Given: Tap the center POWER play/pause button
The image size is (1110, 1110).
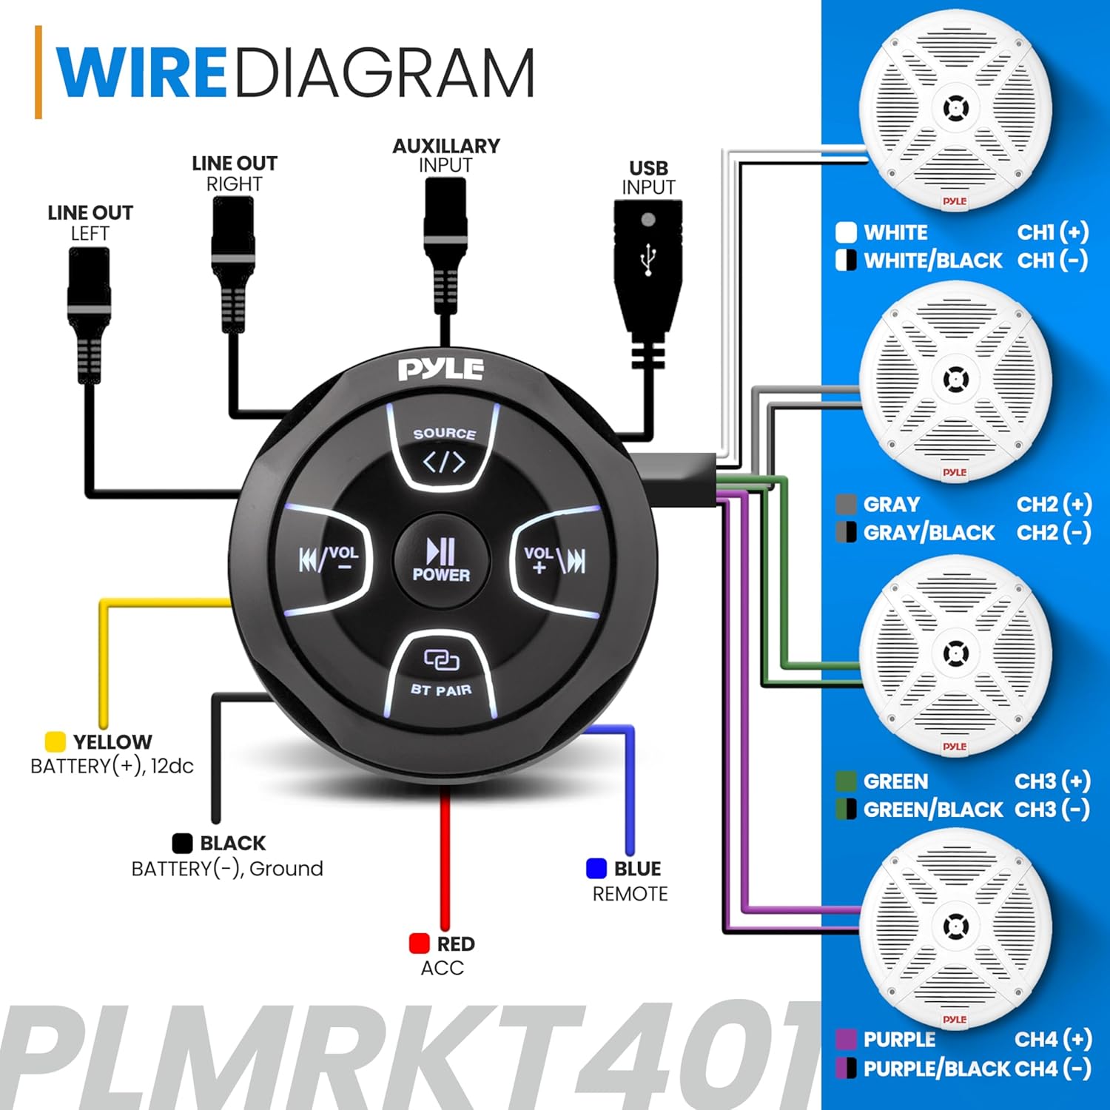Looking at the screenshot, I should click(441, 559).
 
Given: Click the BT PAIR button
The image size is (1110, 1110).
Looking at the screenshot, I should click(441, 673).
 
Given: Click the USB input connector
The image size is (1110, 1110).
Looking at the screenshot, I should click(647, 266).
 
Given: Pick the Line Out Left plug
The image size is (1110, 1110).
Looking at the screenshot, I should click(90, 311).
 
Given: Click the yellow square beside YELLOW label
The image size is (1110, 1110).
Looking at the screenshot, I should click(55, 741).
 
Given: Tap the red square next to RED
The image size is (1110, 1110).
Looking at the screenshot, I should click(420, 943).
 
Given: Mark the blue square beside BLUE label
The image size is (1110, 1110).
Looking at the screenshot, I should click(596, 868).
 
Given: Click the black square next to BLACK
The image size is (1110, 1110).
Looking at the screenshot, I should click(182, 843).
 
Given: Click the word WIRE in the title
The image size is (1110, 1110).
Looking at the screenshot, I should click(141, 73).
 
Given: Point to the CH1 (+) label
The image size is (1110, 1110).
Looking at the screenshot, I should click(1052, 232).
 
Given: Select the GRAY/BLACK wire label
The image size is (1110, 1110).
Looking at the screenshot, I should click(929, 533).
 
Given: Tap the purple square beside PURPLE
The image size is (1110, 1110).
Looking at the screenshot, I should click(846, 1040).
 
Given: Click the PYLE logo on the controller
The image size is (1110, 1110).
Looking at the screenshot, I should click(441, 369).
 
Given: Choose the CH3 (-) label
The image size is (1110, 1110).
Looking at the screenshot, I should click(1052, 810).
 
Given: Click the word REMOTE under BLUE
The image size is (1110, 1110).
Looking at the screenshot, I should click(630, 894).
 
